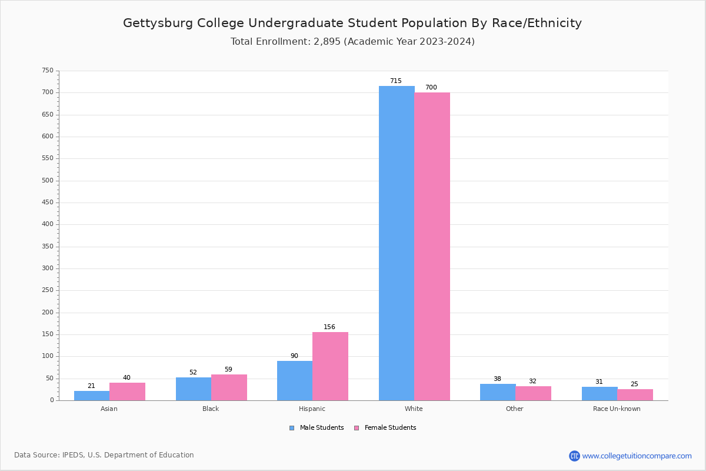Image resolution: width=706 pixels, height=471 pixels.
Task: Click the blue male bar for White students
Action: pos(397,243)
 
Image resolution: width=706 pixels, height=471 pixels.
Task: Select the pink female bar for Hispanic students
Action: pos(330,366)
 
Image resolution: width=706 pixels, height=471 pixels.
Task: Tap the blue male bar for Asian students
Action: pos(92,396)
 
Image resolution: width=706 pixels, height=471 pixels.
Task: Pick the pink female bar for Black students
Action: pos(229,387)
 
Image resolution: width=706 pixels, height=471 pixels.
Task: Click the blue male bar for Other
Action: pos(498,392)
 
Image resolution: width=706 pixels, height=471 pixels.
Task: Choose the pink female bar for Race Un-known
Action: pos(635,394)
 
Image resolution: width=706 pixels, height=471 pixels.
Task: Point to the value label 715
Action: pos(395,81)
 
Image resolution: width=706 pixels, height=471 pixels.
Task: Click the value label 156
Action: pos(329,327)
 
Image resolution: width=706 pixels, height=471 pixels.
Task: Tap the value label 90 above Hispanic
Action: pos(294,356)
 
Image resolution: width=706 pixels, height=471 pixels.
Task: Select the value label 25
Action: pos(634,384)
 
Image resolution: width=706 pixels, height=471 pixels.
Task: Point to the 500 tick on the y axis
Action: pos(47,181)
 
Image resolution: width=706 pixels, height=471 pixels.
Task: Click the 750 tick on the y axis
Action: pos(47,71)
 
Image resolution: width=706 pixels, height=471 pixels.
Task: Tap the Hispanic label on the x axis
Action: pos(312,409)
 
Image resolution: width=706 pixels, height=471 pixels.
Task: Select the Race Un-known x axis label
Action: pos(617,409)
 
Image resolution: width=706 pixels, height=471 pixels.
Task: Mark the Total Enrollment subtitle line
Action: pos(352,42)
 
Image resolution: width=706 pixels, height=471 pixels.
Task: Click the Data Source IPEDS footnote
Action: pos(104,455)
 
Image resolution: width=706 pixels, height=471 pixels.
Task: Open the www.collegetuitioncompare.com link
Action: pos(637,456)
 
